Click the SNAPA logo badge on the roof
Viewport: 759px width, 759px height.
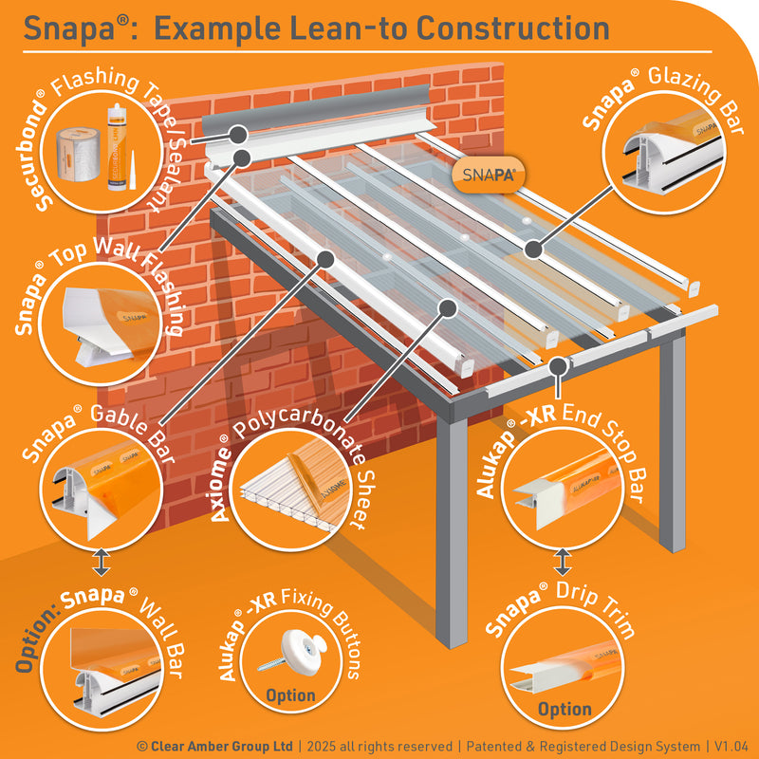(x=488, y=175)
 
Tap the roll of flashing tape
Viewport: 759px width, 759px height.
(x=79, y=155)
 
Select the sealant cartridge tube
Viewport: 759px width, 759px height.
(x=117, y=147)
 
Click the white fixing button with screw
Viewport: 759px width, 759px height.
(x=293, y=649)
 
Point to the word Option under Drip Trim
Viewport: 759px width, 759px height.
(x=565, y=709)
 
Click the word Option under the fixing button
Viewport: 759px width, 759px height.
(x=290, y=695)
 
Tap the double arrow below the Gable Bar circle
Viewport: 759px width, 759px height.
(x=102, y=562)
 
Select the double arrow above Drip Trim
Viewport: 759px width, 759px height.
(x=562, y=562)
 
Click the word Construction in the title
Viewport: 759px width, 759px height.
(x=512, y=28)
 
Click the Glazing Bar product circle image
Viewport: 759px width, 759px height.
(x=663, y=152)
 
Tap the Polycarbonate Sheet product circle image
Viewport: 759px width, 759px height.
(x=290, y=489)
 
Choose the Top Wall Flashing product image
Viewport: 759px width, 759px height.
(x=101, y=324)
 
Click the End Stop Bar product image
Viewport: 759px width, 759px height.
(x=562, y=488)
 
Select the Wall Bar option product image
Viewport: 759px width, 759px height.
(x=102, y=670)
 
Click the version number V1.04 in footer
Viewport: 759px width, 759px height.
(x=731, y=746)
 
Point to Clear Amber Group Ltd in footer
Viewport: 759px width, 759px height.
(x=222, y=746)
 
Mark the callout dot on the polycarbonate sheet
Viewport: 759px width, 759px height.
(x=448, y=307)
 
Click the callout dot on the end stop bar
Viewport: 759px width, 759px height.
(x=559, y=366)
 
